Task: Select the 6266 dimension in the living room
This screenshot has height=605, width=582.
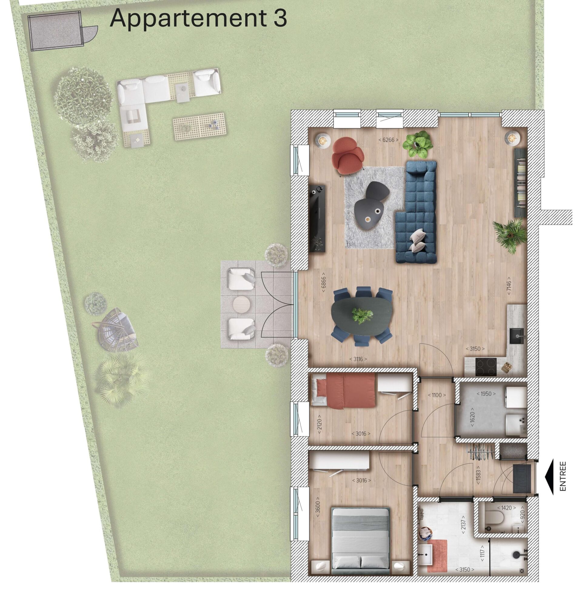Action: coord(388,140)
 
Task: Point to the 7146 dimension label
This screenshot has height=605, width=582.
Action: coord(509,286)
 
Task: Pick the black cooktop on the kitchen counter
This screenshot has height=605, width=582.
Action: coord(486,367)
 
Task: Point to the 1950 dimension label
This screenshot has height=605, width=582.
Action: coord(486,394)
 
